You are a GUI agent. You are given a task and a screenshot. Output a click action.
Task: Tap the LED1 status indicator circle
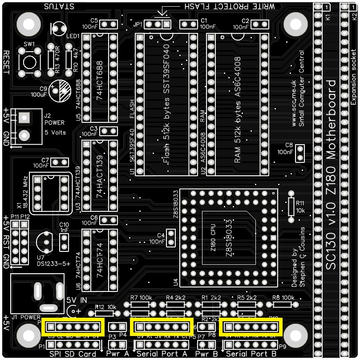[x=58, y=29]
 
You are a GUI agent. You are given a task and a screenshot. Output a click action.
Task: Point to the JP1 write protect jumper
[x=158, y=24]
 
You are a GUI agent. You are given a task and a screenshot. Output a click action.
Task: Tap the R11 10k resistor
[x=291, y=206]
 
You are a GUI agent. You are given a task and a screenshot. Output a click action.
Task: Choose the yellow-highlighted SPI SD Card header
[x=73, y=327]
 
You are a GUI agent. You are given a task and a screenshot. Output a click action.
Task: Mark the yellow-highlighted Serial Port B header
[x=251, y=327]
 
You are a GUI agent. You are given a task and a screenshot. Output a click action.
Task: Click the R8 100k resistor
[x=282, y=305]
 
